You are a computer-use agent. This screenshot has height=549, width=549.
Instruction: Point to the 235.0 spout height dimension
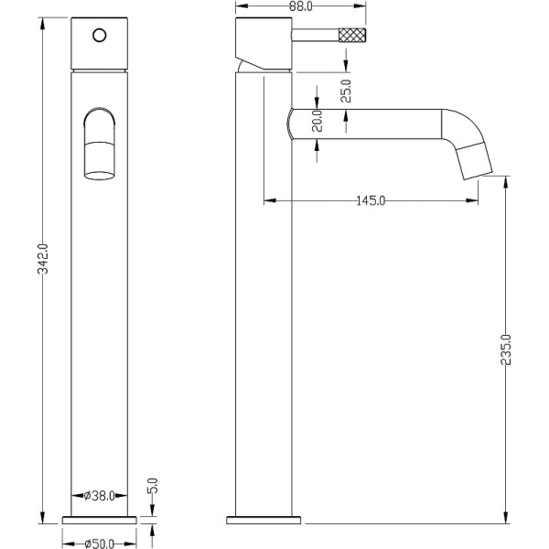tap(506, 350)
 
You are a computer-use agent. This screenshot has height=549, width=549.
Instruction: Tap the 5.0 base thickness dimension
tap(153, 483)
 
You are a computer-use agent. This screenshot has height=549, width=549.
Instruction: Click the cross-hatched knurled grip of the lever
tap(352, 37)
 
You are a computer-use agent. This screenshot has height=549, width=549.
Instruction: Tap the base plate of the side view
tap(264, 520)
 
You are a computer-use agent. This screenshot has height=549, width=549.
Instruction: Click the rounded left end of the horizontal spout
tap(292, 123)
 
